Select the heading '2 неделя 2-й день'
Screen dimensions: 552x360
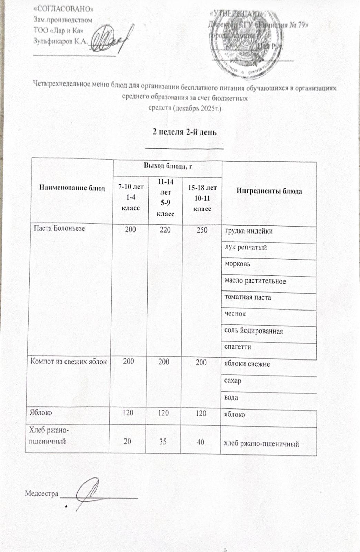tap(184, 132)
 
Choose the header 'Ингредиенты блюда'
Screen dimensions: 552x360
tap(269, 191)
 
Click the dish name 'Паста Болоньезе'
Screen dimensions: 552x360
tap(59, 228)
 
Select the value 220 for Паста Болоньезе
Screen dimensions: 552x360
tap(165, 230)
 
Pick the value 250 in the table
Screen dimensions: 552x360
tap(202, 230)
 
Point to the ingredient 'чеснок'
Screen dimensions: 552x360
tap(235, 314)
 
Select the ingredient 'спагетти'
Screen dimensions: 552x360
tap(238, 347)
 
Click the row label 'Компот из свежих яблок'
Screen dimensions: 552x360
tap(69, 362)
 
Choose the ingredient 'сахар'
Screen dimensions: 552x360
tap(233, 381)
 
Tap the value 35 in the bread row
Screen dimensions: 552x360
tap(163, 441)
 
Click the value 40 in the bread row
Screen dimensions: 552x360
tap(200, 441)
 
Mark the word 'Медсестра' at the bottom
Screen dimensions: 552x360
tap(41, 494)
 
